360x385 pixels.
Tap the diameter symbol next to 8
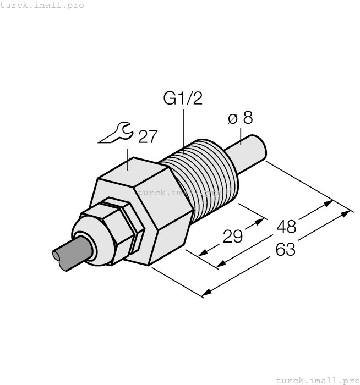(232, 119)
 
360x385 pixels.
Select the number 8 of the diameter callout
(248, 118)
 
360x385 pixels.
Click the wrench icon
(116, 134)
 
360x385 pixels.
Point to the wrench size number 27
(148, 137)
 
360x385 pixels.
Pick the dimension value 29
(233, 237)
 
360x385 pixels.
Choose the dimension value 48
(286, 226)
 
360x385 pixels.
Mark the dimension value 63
(285, 250)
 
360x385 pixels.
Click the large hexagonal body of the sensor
(143, 209)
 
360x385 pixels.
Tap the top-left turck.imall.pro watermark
(42, 5)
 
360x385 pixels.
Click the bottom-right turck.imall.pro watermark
(317, 380)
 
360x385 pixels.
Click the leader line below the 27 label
(129, 159)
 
